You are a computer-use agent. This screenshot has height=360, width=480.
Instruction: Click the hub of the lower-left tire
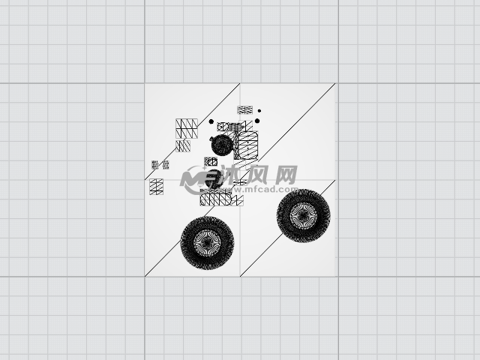207,242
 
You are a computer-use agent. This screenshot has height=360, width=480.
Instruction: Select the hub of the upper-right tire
303,215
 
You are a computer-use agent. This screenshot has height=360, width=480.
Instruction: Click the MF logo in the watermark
199,180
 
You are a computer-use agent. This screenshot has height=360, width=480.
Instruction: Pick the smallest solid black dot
259,111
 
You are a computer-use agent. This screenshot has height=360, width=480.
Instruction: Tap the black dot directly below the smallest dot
257,121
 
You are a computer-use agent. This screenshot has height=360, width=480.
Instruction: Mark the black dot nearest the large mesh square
211,121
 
